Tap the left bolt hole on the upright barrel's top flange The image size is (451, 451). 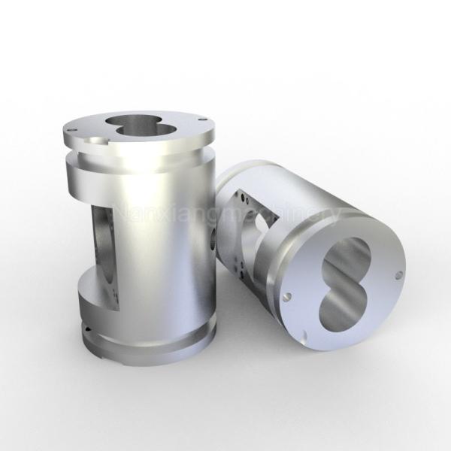tap(70, 129)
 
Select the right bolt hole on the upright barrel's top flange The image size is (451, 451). tap(201, 118)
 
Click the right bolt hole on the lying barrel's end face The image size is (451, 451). tap(398, 274)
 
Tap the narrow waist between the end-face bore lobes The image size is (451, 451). tap(343, 284)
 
